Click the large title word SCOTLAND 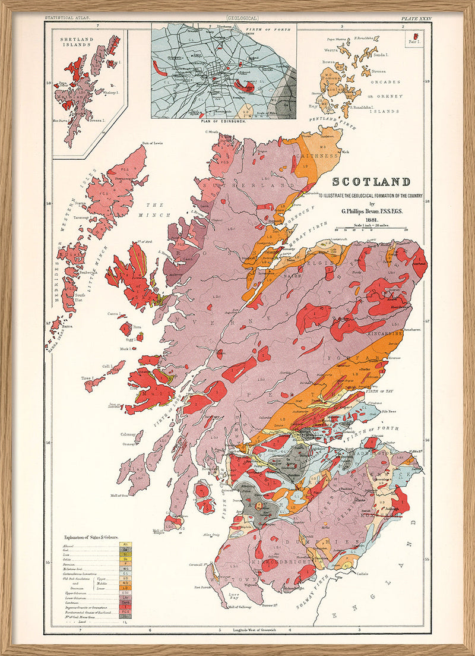[370, 182]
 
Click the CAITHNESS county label [318, 156]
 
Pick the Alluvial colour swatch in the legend [125, 543]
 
